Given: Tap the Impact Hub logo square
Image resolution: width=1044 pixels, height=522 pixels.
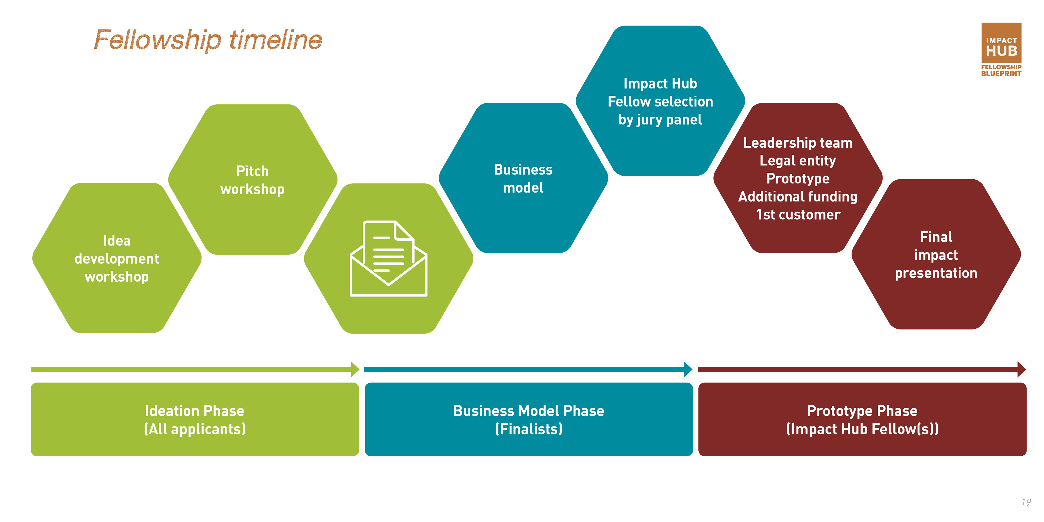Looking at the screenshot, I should point(1001,43).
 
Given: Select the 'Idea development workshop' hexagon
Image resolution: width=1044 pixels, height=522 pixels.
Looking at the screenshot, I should point(117,258).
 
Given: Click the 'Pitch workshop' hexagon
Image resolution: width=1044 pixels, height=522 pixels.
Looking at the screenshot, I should point(253,180).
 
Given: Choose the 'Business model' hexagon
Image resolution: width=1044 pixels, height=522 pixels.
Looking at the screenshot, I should point(523,178).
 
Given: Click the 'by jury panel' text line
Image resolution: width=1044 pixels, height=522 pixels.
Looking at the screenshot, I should point(660,120).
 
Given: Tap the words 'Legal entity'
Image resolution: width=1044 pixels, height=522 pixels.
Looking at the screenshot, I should point(798,160).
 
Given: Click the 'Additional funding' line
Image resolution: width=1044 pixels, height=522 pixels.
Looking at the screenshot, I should point(798,197).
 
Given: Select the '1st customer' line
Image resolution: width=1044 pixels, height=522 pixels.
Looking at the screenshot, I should point(798,215).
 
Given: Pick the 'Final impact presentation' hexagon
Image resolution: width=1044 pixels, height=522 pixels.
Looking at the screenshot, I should point(936,254).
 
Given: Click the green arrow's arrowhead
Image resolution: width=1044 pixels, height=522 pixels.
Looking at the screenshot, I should point(355,369).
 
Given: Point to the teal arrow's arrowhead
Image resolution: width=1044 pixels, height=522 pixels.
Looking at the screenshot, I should point(688,369).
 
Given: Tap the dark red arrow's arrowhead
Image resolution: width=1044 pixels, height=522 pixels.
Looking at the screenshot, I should point(1021,369).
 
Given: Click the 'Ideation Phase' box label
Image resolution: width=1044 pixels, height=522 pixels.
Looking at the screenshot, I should point(195,411).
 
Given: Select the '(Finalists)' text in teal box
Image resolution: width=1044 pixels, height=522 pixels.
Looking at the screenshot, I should point(529,429).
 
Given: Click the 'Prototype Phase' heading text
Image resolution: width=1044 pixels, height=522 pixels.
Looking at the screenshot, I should point(862,411).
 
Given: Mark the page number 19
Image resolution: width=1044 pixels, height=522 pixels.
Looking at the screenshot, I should point(1026,502).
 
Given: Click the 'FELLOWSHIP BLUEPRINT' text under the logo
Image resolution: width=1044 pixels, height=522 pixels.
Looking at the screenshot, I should point(1001,70).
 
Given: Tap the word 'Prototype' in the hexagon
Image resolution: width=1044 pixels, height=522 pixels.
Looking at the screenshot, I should point(798,178).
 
